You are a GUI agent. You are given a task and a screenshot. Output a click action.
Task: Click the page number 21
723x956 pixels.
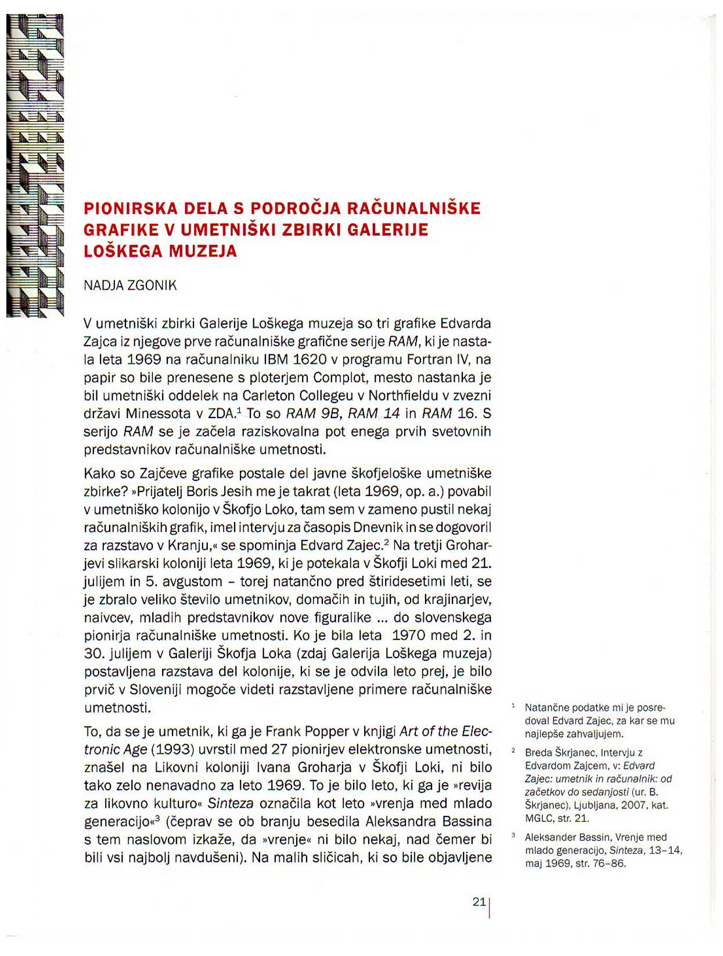479,902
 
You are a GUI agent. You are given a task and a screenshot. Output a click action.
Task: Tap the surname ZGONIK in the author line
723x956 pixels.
152,286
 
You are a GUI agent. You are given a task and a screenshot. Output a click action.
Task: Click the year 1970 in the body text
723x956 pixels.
425,635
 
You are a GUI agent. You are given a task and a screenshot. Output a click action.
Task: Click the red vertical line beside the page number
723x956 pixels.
490,908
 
